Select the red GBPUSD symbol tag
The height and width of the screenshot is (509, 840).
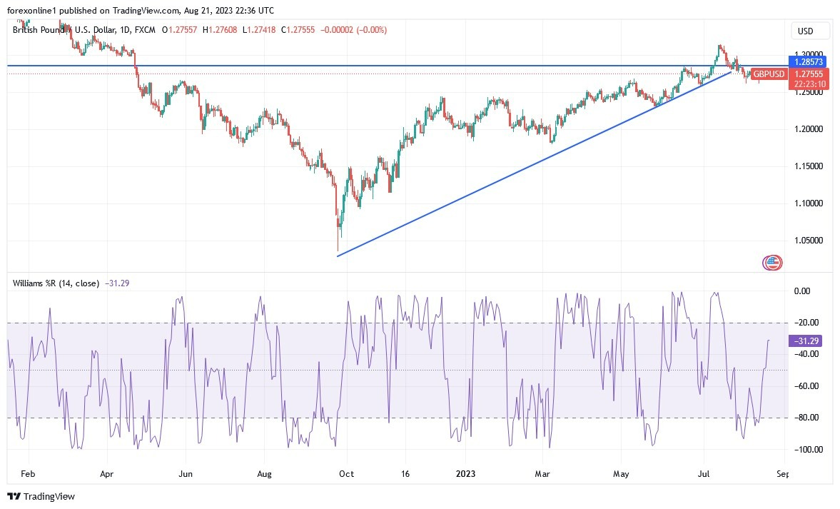(769, 74)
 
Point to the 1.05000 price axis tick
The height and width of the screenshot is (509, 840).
(809, 241)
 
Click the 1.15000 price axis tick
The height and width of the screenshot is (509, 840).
(809, 166)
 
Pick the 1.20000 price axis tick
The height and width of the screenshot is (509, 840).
(809, 129)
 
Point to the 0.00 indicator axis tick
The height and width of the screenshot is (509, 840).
(802, 291)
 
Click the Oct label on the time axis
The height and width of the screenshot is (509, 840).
(346, 473)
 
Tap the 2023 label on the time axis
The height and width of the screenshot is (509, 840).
(465, 473)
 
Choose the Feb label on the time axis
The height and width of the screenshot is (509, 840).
(28, 473)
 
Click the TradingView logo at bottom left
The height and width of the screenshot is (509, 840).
(41, 496)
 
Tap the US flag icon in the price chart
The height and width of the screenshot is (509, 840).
(772, 263)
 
